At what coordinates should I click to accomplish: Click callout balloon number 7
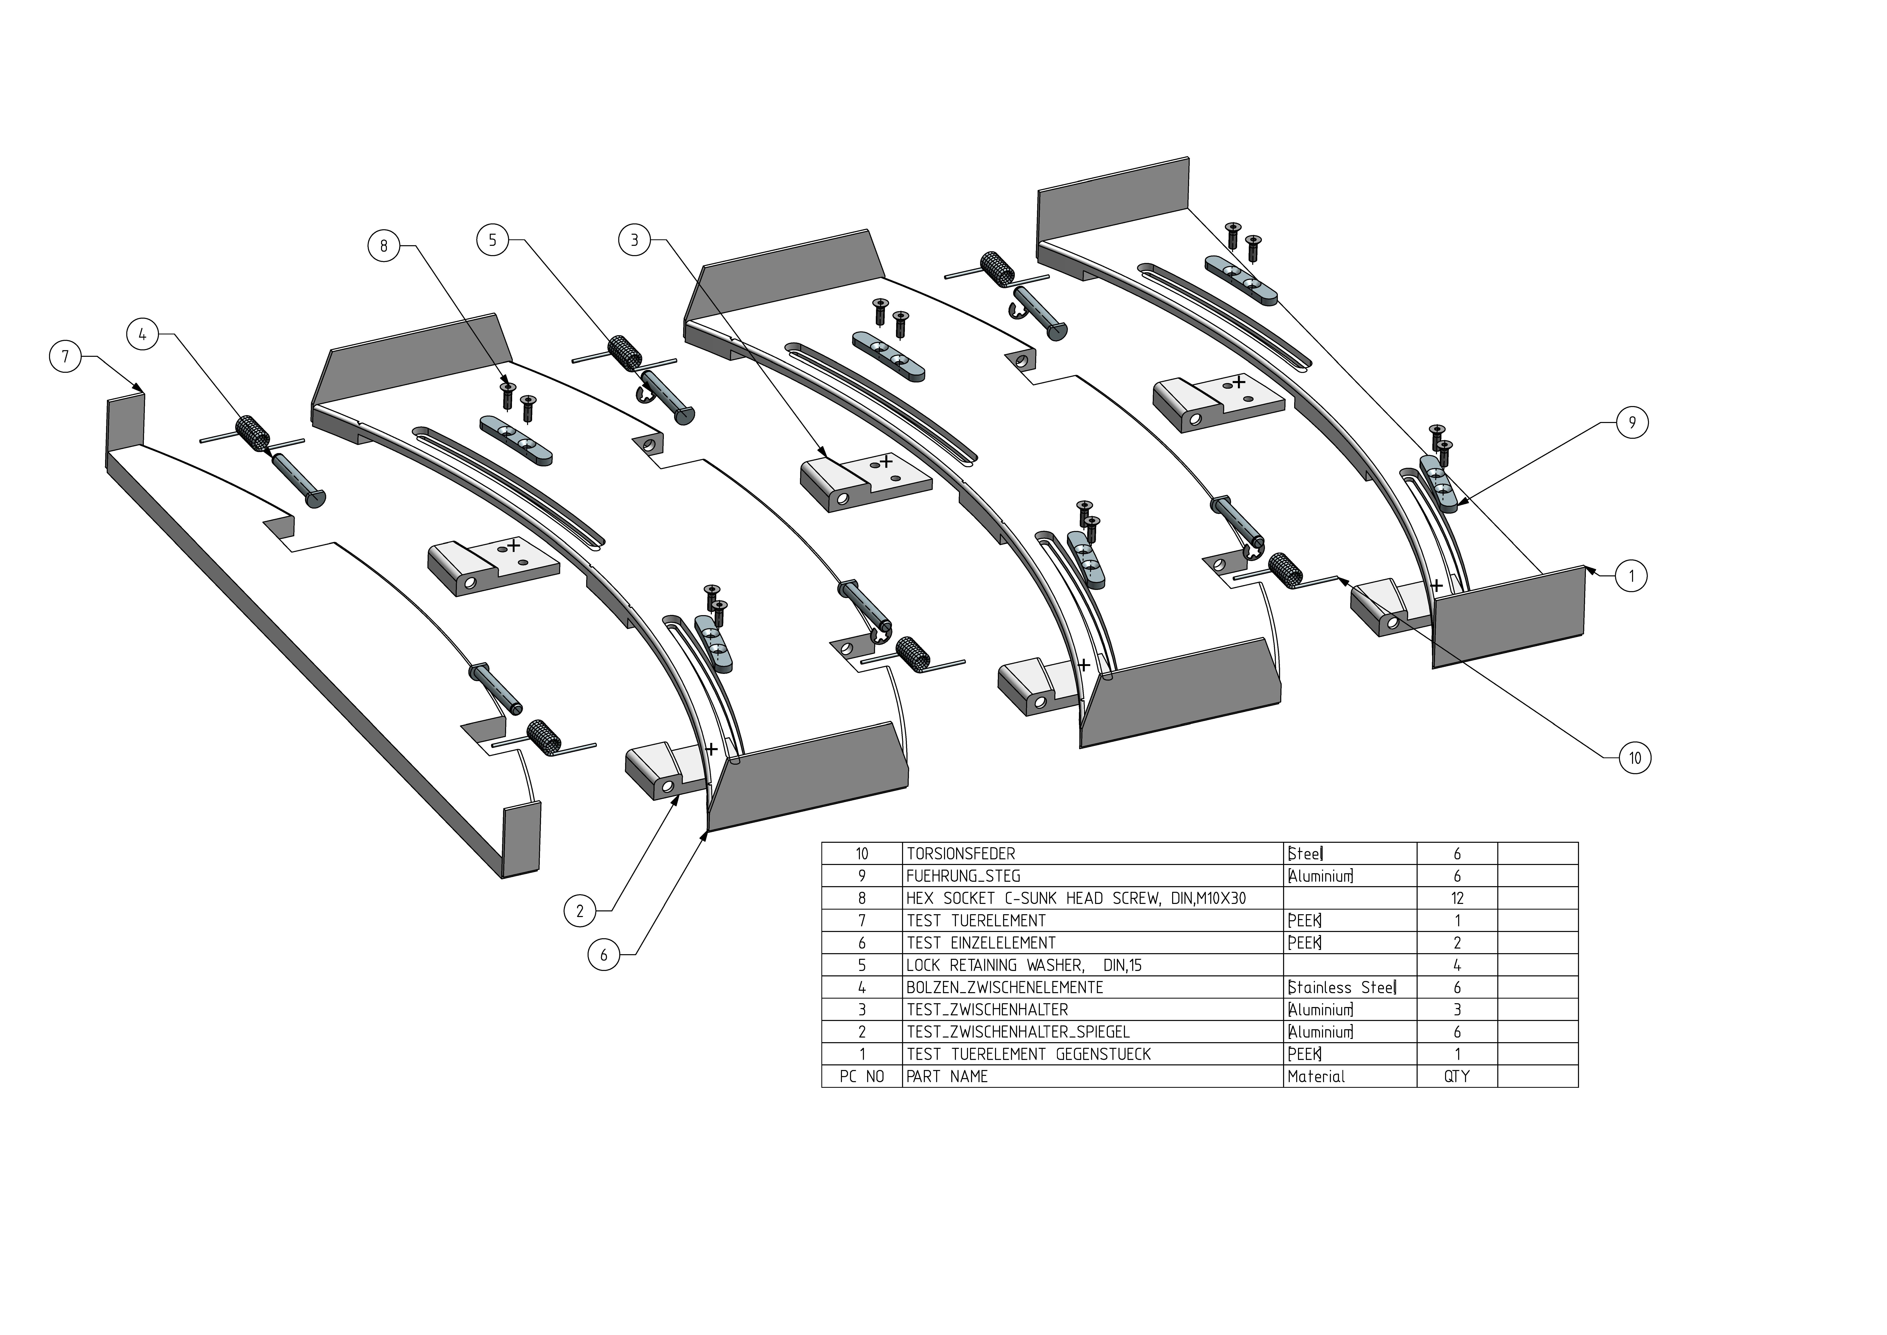65,357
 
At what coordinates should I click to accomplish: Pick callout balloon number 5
492,240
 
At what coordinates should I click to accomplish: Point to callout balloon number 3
634,240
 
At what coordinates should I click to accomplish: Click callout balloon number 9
1631,423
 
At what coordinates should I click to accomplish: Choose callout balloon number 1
1631,576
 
